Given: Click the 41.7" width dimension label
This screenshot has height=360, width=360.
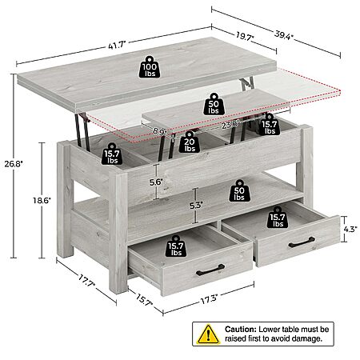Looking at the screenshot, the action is coord(117,45).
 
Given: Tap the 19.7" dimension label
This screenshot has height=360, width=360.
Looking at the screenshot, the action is coord(245,36).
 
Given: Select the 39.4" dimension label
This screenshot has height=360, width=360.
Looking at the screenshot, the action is coord(284,35).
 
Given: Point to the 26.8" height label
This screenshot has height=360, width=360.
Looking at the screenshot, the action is coord(14,163).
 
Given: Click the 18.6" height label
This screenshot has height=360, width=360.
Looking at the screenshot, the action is coord(42,200).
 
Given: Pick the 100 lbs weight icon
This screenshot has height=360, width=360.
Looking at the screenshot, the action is coord(150,67).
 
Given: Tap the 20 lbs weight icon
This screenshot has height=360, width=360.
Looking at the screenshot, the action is coord(189,142).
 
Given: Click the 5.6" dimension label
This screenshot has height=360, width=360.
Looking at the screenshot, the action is coord(156,182).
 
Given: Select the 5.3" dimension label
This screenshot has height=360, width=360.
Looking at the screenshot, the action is coord(196,205).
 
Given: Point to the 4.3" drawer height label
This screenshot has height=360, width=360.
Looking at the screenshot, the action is coord(350,229).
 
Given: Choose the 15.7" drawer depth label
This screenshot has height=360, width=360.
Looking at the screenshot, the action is coord(144,300).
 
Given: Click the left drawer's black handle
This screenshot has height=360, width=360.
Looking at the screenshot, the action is coord(210,270).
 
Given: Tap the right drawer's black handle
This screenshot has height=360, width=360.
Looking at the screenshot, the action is coord(302,242).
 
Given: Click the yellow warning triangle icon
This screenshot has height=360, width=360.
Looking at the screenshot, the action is coord(208,334).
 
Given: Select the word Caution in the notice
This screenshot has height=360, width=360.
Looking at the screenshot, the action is coord(241,329).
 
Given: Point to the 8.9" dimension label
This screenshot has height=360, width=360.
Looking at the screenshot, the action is coord(160,131).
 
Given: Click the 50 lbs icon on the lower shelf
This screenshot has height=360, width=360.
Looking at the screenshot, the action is coord(239,190).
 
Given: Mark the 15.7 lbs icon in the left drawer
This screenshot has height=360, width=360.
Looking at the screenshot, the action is coord(176,246).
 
